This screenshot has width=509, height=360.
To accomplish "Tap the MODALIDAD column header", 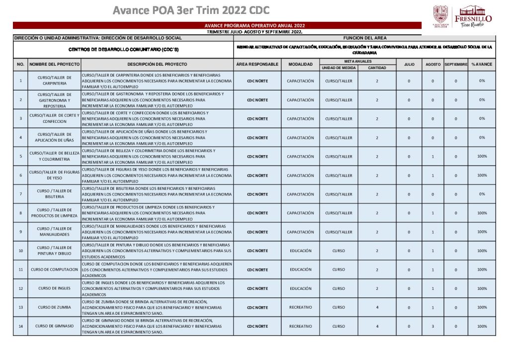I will point(300,64).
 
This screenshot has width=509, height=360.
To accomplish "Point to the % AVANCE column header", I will point(482,64).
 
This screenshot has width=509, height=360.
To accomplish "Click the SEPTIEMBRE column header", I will point(456,64).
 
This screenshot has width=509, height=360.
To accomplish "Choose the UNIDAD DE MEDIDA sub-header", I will point(339,68).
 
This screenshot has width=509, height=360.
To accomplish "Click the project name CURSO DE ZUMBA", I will point(54,307).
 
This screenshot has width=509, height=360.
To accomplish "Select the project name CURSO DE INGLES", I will point(54,288).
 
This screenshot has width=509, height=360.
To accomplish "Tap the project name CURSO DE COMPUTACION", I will point(54,270).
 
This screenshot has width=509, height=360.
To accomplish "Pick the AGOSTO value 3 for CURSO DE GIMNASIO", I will point(433,326).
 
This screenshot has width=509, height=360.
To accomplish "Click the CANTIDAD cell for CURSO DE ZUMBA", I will point(377,307).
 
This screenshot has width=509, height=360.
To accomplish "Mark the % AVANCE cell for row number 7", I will point(482,194).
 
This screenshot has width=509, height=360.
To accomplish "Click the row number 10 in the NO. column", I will point(20,251).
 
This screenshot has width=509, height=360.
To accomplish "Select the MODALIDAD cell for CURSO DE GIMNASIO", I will point(300,326).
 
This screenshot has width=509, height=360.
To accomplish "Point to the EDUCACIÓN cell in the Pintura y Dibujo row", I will point(300,251).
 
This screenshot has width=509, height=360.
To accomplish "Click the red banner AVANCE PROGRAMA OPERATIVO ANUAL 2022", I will point(254,25).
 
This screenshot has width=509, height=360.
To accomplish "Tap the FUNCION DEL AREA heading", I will point(365,38).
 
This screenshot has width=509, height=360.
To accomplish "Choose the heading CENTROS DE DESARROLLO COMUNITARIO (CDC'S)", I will point(123,50).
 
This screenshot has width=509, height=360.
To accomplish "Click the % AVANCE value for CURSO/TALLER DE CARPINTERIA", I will point(482,81).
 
